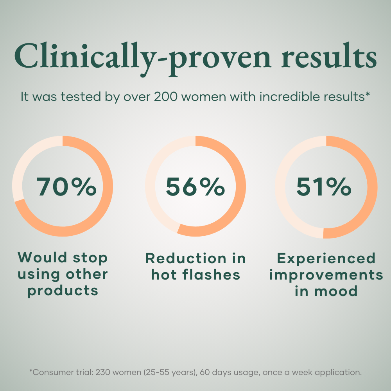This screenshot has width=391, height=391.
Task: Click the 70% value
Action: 66,187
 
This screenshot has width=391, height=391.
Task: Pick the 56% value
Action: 195,187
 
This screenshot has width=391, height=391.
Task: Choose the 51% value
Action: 324,187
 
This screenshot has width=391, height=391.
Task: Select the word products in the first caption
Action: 63,291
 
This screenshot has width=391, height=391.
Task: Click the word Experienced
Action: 326,259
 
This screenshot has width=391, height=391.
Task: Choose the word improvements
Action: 326,274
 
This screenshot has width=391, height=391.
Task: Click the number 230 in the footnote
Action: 97,372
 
